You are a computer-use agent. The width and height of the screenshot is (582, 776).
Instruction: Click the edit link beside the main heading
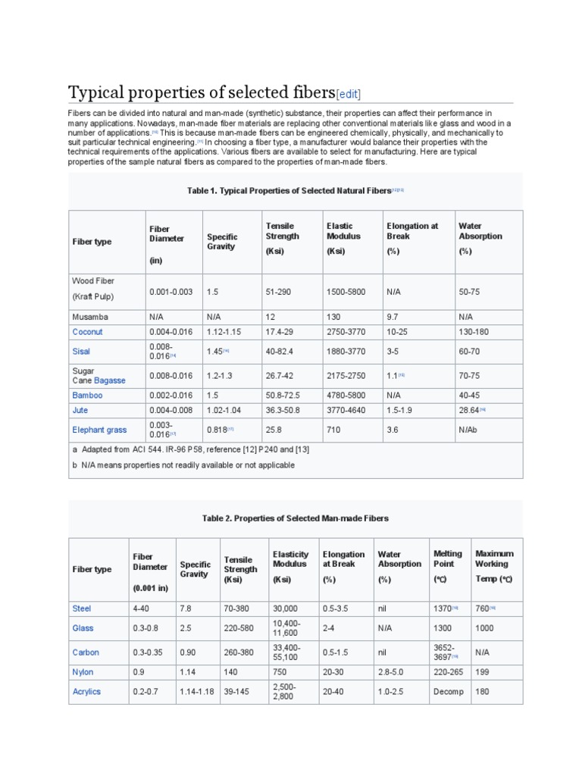349,94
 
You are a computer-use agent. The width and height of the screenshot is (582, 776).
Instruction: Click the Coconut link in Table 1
87,332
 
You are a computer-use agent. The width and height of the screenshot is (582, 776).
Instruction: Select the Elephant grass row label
99,430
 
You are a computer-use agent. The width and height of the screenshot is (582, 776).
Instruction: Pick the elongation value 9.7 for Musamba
395,317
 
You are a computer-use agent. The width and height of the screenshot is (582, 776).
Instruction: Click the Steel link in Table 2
81,609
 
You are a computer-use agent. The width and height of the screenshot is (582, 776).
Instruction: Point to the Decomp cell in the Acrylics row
448,692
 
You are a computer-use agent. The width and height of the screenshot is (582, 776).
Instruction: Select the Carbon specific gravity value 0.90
190,652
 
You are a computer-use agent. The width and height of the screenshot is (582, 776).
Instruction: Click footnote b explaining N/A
183,465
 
